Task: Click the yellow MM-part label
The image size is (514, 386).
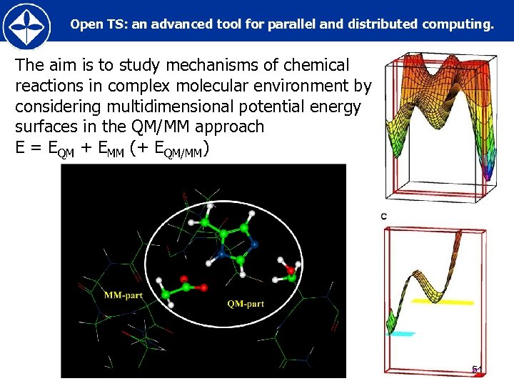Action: pos(124,295)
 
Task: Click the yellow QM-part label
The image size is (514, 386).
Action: pos(246,304)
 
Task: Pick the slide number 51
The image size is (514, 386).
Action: pos(477,370)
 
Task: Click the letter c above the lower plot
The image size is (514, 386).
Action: pos(384,216)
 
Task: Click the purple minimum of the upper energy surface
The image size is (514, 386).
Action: pos(488,172)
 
